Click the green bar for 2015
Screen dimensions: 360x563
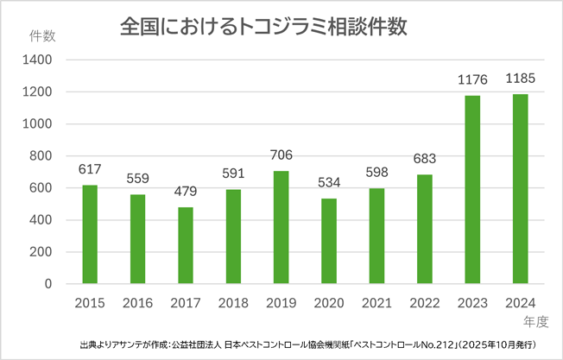click(90, 235)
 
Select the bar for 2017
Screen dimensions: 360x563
click(186, 246)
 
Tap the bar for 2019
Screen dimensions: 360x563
click(281, 228)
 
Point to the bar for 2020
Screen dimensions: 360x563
click(328, 242)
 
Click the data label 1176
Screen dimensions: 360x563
click(471, 80)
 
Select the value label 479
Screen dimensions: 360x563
click(186, 192)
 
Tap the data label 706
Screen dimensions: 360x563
click(281, 155)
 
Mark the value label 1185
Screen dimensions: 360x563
click(520, 79)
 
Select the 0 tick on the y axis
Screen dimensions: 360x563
click(48, 284)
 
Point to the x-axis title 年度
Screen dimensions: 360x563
click(536, 320)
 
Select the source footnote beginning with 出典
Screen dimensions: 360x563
click(307, 344)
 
